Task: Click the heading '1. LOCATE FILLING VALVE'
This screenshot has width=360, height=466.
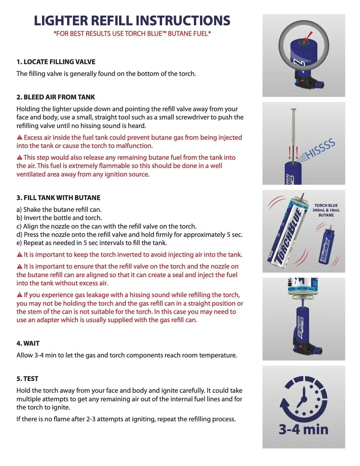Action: [56, 62]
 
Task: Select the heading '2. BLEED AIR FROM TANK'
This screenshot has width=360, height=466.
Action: [56, 97]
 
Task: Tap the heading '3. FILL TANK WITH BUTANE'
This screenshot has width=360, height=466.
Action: [58, 198]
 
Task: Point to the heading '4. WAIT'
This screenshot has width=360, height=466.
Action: [28, 343]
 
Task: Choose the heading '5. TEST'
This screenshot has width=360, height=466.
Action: [27, 379]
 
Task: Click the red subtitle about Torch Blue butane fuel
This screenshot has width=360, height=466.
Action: [132, 34]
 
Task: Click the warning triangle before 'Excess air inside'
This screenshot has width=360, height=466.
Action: [20, 137]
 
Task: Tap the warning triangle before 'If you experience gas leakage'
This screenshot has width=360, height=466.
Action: [20, 295]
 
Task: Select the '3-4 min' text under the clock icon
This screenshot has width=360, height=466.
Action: [304, 429]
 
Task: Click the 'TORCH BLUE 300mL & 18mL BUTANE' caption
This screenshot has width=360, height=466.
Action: [326, 210]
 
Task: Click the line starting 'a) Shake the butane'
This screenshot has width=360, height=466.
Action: [59, 209]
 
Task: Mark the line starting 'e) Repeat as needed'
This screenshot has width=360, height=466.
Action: [92, 243]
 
